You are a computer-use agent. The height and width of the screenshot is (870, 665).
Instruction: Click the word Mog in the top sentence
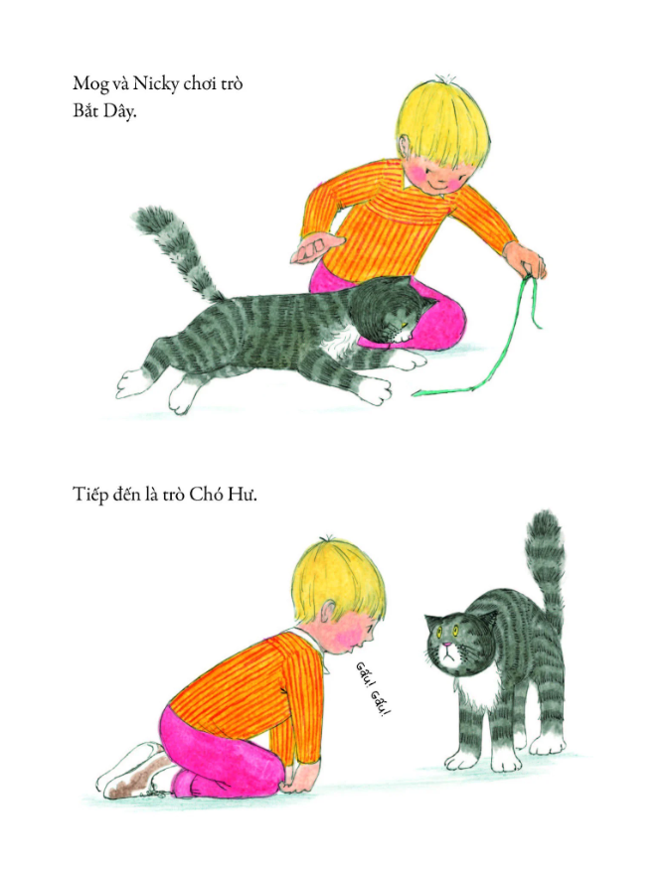tap(89, 84)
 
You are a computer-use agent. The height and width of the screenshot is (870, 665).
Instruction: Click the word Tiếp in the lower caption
tap(90, 495)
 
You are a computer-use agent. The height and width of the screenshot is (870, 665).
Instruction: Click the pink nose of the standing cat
tap(445, 645)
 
